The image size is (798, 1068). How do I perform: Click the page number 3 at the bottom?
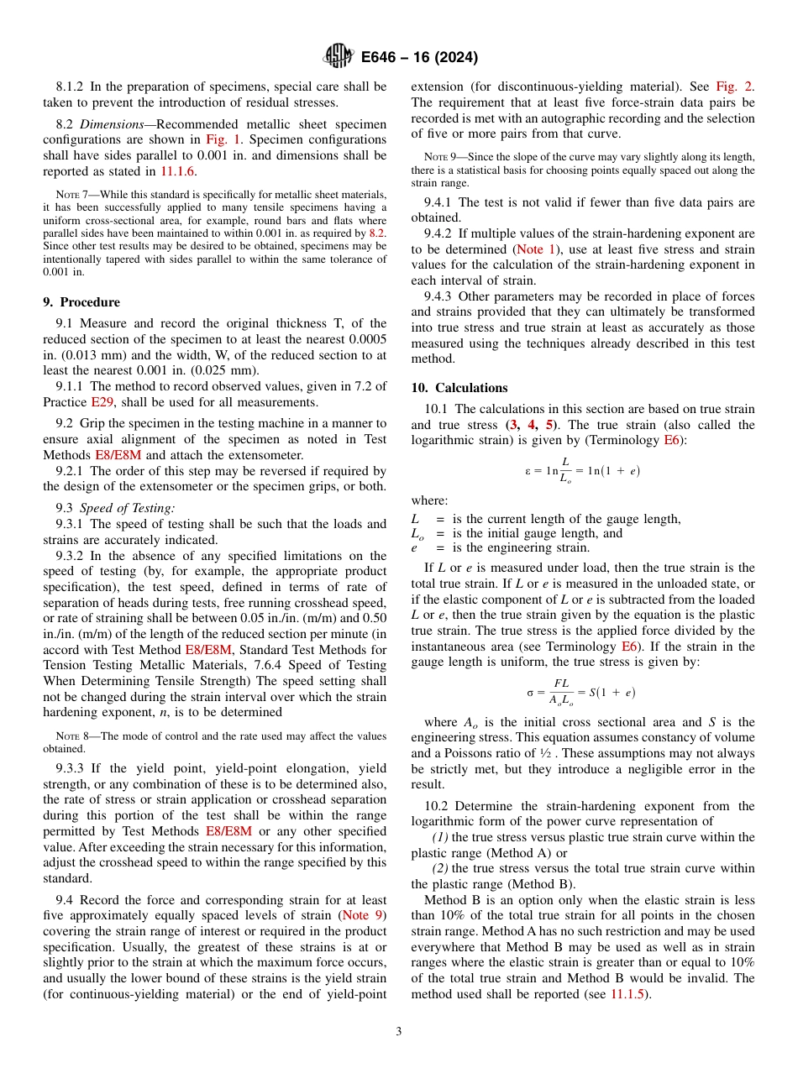399,1031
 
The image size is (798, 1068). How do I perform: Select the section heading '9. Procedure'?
81,302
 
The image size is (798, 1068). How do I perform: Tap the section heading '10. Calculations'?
459,388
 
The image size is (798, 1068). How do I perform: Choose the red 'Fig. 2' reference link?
734,86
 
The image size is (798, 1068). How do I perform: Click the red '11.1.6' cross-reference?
178,171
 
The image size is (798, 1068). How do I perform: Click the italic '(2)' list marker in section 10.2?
442,869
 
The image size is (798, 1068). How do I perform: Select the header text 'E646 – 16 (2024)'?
420,57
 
